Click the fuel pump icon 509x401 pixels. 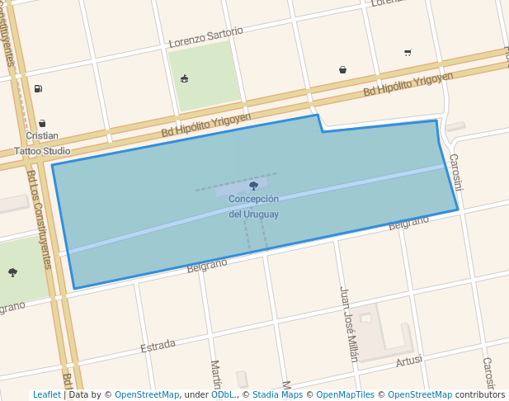(38, 88)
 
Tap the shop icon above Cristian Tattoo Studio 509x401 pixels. (42, 123)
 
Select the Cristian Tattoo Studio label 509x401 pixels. (42, 144)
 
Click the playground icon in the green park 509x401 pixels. (184, 79)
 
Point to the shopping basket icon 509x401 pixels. (342, 70)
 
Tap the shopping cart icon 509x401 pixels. (408, 52)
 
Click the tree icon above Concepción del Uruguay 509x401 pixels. (253, 186)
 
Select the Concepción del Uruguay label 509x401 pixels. (253, 206)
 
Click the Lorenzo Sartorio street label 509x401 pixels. (205, 37)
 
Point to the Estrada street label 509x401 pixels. (158, 346)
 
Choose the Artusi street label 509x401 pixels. (409, 361)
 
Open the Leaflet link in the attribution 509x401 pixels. (46, 395)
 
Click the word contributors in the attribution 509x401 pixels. (480, 395)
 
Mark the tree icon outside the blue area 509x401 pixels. (12, 272)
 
